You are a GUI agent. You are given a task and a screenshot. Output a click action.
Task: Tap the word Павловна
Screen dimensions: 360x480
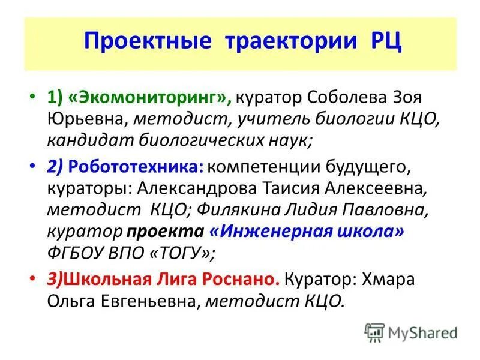[x=377, y=210]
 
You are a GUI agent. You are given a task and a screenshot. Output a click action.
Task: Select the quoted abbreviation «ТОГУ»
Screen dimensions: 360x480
[x=183, y=253]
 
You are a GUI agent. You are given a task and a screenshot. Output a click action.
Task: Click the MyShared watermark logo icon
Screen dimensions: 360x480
[x=374, y=332]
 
